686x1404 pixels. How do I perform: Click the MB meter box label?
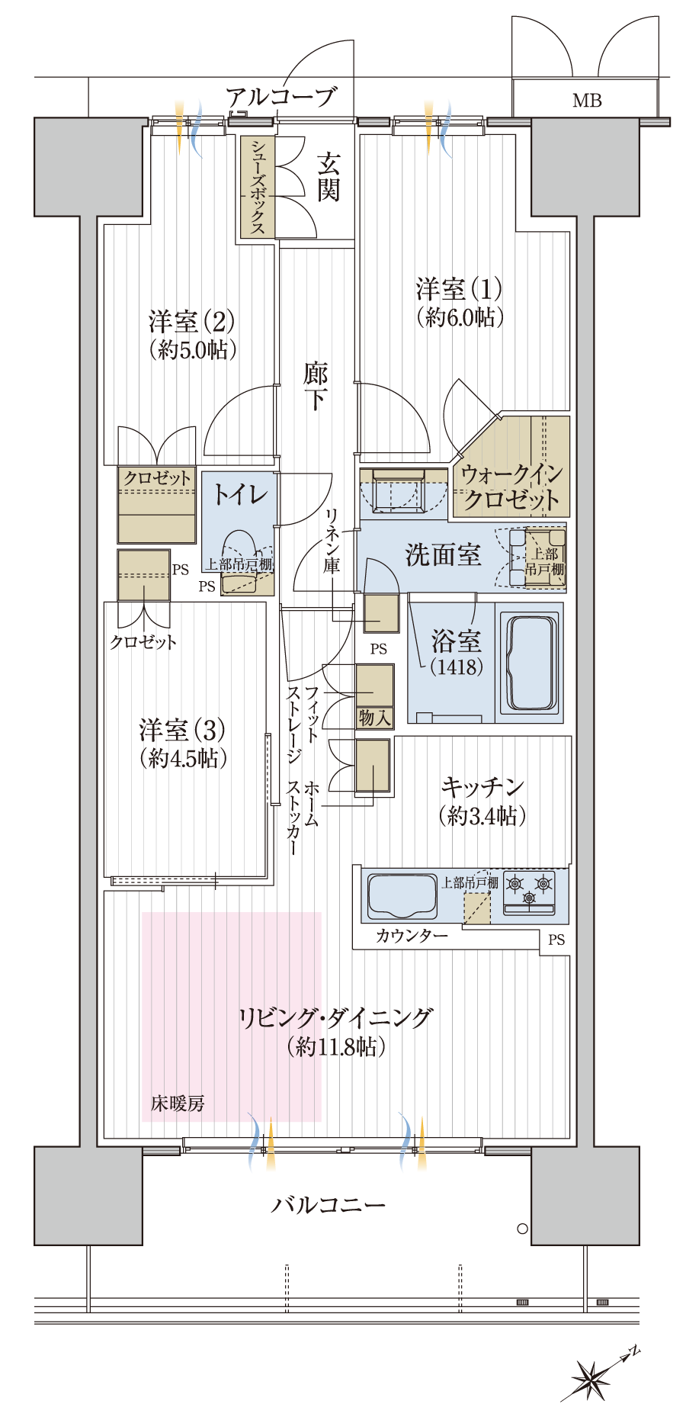tap(587, 100)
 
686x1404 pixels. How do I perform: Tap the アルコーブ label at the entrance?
tap(280, 98)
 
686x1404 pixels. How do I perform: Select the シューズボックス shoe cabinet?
tap(258, 187)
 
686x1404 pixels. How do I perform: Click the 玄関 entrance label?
tap(329, 176)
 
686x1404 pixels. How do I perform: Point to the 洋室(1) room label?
tap(459, 289)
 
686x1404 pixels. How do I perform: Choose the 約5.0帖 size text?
tap(193, 350)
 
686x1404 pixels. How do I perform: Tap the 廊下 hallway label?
tap(316, 387)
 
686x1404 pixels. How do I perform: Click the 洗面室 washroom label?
tap(443, 554)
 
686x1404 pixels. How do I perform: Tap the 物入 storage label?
tap(374, 718)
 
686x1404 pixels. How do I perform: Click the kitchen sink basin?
tap(402, 896)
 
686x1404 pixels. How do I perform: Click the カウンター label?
tap(412, 936)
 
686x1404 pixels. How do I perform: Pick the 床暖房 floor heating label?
tap(178, 1104)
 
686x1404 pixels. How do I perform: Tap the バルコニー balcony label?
tap(329, 1205)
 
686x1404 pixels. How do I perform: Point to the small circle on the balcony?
tap(522, 1229)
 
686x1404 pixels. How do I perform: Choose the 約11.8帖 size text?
tap(336, 1047)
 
